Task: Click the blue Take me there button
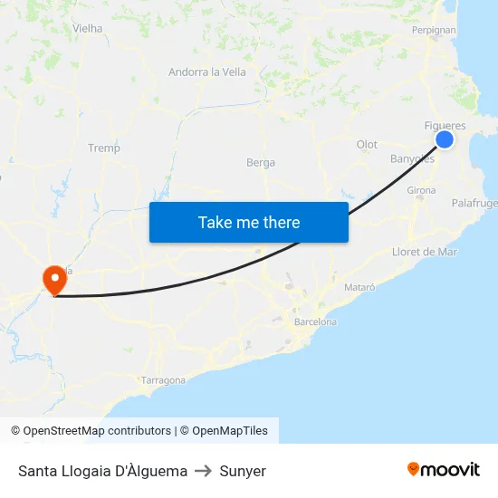[x=249, y=222]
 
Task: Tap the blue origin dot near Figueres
[x=445, y=139]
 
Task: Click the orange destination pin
[x=54, y=277]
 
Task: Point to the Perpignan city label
[x=434, y=29]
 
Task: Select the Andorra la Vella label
[x=207, y=72]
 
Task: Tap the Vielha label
[x=87, y=28]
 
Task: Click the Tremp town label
[x=104, y=148]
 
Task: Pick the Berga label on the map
[x=261, y=163]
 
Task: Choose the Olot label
[x=367, y=145]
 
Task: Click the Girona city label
[x=422, y=190]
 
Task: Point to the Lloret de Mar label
[x=425, y=252]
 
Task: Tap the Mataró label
[x=359, y=287]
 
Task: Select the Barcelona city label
[x=315, y=321]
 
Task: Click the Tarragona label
[x=163, y=380]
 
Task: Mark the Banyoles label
[x=412, y=159]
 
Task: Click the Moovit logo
[x=444, y=470]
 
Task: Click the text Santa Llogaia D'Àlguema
[x=102, y=471]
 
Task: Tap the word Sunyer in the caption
[x=243, y=471]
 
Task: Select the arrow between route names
[x=204, y=471]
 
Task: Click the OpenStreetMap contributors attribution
[x=91, y=431]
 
